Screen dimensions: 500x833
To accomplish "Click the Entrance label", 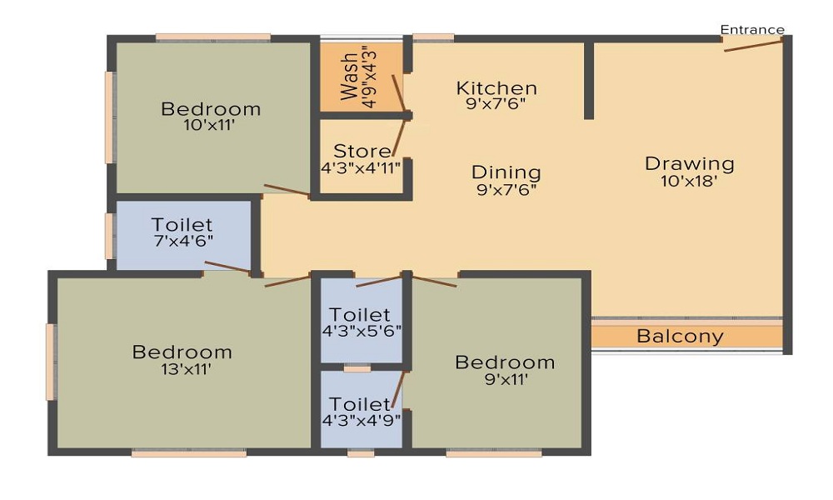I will [x=752, y=30].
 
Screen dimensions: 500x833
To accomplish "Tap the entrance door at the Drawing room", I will [x=753, y=44].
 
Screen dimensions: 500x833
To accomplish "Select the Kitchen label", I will [x=496, y=87].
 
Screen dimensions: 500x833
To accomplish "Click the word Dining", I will [x=506, y=172].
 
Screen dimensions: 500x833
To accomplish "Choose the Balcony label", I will [x=681, y=337].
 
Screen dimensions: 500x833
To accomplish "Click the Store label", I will [x=362, y=152].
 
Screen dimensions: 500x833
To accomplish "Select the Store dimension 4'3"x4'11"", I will [x=362, y=167].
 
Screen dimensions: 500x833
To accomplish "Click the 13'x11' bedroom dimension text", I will [x=182, y=369].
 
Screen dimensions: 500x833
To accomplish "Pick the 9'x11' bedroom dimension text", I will [x=505, y=379].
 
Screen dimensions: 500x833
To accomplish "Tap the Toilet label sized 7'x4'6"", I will [x=182, y=225].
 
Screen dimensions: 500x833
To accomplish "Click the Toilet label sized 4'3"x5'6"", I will [x=360, y=315].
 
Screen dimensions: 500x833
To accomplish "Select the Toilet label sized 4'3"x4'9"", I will [x=359, y=404].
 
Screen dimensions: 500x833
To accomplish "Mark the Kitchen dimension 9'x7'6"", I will [x=496, y=104].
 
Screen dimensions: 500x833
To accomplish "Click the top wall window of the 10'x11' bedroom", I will [x=213, y=37].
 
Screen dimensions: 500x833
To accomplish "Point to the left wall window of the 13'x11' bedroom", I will [x=50, y=362].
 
